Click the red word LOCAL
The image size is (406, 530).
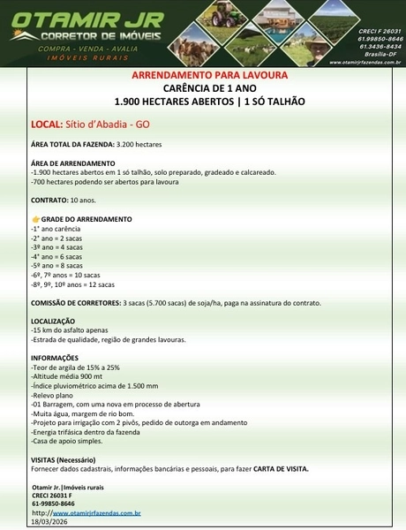tap(45, 125)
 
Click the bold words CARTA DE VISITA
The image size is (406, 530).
tap(280, 468)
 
